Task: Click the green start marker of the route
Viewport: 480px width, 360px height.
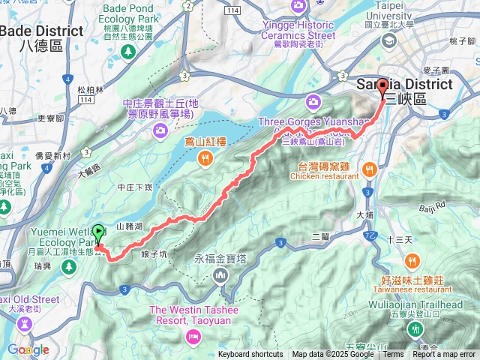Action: pyautogui.click(x=99, y=233)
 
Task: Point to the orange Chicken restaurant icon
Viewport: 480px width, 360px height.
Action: pyautogui.click(x=369, y=170)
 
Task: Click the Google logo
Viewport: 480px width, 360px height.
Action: pyautogui.click(x=28, y=349)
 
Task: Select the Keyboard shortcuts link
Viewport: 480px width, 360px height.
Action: pyautogui.click(x=250, y=355)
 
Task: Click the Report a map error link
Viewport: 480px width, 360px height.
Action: pyautogui.click(x=444, y=355)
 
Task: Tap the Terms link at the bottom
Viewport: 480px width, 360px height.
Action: pyautogui.click(x=393, y=355)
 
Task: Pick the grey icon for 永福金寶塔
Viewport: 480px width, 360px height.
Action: pyautogui.click(x=220, y=275)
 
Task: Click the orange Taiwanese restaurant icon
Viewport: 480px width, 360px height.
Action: pyautogui.click(x=412, y=261)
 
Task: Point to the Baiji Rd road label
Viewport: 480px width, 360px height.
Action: pyautogui.click(x=432, y=205)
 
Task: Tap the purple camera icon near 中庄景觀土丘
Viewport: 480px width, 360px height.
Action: pyautogui.click(x=160, y=131)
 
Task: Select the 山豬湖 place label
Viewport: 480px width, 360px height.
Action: pyautogui.click(x=130, y=226)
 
